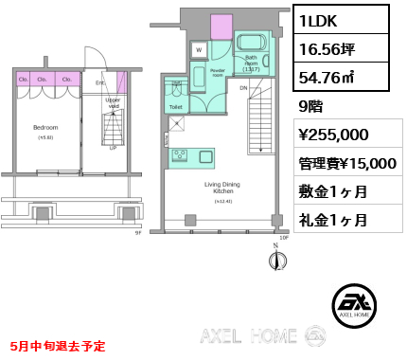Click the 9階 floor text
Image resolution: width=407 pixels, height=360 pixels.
point(310,106)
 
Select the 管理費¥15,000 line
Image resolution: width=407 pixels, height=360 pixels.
point(347,163)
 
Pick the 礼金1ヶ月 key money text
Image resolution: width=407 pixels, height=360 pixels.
point(334,220)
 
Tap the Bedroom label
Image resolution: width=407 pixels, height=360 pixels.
point(46,127)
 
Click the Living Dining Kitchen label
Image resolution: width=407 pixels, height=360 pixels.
point(223,189)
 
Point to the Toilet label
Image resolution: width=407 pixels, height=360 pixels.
point(176,107)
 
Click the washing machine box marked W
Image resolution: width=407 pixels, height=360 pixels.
point(199,49)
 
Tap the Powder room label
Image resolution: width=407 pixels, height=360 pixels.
point(217,72)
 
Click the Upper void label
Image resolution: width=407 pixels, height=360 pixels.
point(113,102)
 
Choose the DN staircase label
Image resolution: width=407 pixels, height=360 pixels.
point(243,88)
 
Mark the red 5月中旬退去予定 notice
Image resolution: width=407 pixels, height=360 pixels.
point(59,347)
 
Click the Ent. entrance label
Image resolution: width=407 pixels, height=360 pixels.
point(100,83)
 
